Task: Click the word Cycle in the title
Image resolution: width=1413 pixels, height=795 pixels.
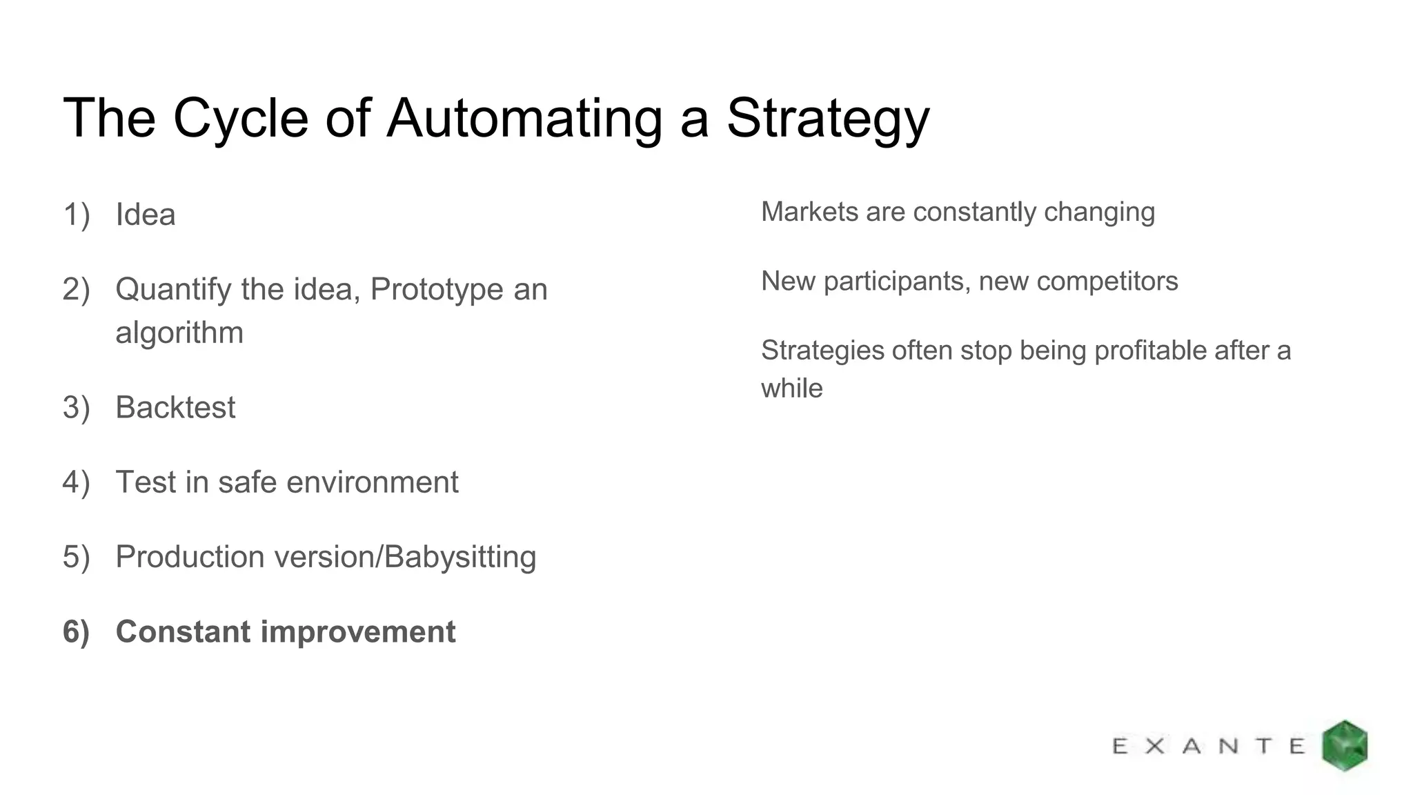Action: coord(240,119)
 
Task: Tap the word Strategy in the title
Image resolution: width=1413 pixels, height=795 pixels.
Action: coord(827,119)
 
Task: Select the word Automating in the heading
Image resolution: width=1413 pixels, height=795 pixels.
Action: coord(524,119)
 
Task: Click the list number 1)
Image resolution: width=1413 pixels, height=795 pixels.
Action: coord(77,214)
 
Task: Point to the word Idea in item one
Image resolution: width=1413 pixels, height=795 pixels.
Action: coord(146,214)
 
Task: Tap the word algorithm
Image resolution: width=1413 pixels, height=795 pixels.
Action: coord(179,333)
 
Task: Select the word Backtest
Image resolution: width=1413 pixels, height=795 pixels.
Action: coord(175,407)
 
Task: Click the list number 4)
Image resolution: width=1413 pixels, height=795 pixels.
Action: coord(77,482)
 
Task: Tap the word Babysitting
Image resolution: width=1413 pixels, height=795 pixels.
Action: coord(460,557)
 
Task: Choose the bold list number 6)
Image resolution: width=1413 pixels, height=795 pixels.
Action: coord(77,631)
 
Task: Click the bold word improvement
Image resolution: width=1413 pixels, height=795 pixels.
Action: coord(358,631)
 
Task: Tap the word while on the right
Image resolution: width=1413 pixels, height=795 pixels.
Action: coord(791,388)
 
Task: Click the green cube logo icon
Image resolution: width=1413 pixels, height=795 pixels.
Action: coord(1344,745)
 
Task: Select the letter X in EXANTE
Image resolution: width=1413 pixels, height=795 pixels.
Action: coord(1155,746)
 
